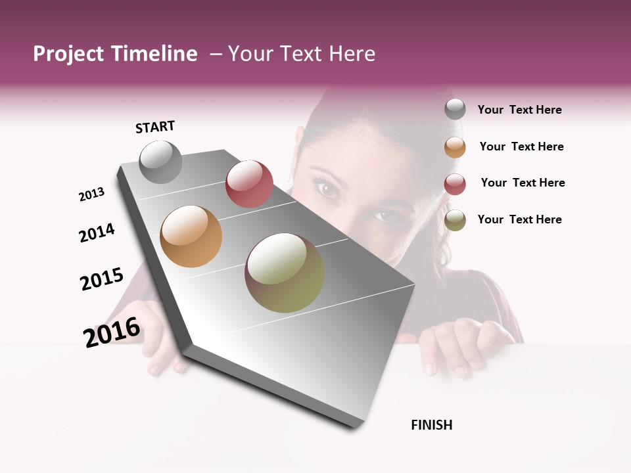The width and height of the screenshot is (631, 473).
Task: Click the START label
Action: tap(155, 127)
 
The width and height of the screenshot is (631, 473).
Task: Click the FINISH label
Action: tap(431, 425)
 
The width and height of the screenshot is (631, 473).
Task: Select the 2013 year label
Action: tap(91, 194)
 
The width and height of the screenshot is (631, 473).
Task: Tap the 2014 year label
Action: tap(97, 233)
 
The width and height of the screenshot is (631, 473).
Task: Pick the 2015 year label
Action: tap(102, 279)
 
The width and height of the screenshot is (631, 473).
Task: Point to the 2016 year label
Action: tap(112, 332)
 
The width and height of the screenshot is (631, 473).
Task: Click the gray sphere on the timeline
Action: tap(161, 162)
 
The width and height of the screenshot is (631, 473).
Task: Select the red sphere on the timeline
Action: tap(249, 184)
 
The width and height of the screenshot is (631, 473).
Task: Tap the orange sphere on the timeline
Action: tap(191, 236)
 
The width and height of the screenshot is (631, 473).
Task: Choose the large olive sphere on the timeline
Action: tap(285, 273)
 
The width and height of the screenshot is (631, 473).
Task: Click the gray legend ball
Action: tap(455, 110)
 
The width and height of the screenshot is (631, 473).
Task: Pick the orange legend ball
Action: tap(455, 147)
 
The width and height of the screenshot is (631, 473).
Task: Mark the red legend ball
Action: tap(455, 184)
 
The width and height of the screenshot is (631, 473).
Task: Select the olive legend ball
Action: tap(455, 220)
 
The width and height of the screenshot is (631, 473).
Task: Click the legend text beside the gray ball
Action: tap(519, 110)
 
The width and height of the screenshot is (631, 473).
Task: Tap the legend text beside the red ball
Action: tap(523, 183)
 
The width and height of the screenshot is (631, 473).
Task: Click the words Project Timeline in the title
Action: tap(115, 54)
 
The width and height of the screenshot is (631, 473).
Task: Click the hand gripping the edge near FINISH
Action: tap(460, 345)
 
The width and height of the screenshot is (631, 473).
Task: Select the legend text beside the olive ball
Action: tap(519, 219)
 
